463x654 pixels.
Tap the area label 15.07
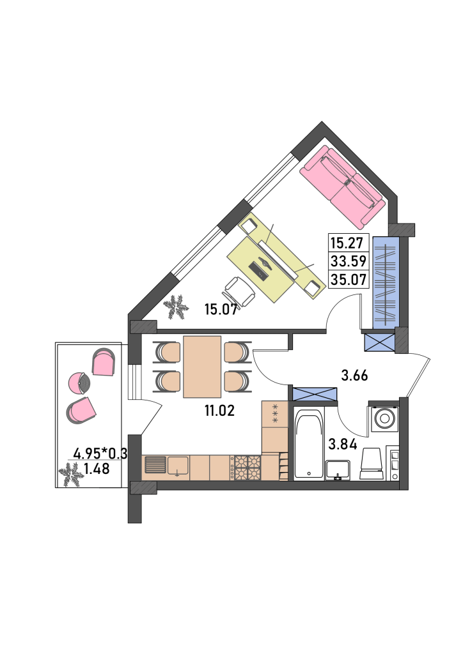pyautogui.click(x=221, y=310)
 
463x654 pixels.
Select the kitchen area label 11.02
pyautogui.click(x=219, y=411)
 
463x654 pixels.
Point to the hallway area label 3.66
pyautogui.click(x=354, y=376)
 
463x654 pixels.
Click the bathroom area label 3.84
pyautogui.click(x=342, y=445)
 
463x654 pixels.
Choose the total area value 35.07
pyautogui.click(x=349, y=279)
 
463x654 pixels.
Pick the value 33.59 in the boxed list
pyautogui.click(x=349, y=261)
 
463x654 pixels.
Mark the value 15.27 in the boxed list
pyautogui.click(x=344, y=242)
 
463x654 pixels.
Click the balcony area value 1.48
pyautogui.click(x=97, y=469)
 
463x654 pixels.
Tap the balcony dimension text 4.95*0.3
pyautogui.click(x=100, y=453)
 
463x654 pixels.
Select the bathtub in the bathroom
pyautogui.click(x=309, y=444)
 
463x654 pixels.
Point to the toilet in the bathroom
pyautogui.click(x=372, y=464)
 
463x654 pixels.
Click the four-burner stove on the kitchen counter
pyautogui.click(x=248, y=468)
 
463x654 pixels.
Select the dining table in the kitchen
pyautogui.click(x=202, y=367)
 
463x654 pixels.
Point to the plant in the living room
pyautogui.click(x=175, y=307)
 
